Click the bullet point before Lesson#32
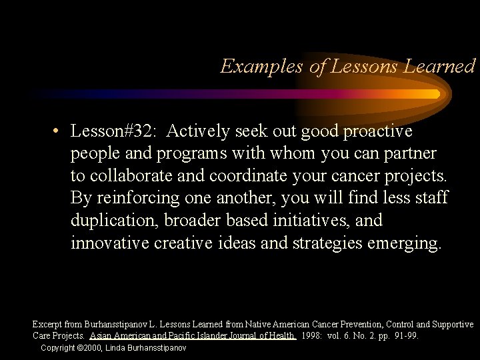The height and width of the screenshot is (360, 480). coord(59,131)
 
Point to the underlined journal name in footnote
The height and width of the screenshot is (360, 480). coord(193,336)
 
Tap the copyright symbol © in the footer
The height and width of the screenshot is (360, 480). coord(81,348)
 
